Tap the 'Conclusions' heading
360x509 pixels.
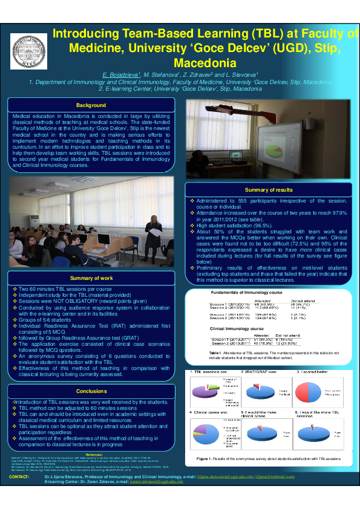click(x=92, y=391)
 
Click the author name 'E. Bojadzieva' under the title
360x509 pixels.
click(x=122, y=73)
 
